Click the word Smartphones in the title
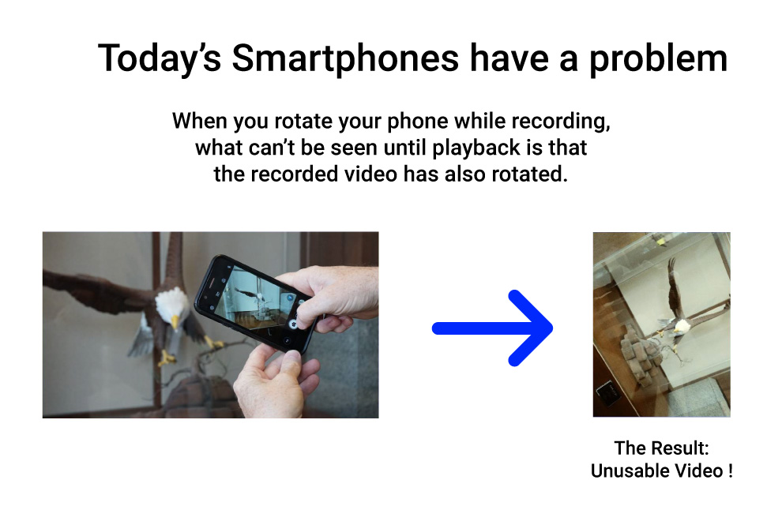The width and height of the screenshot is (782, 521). (345, 59)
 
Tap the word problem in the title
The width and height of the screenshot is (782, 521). (658, 59)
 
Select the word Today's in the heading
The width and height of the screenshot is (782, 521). (160, 59)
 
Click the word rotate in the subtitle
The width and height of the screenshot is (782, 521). (303, 121)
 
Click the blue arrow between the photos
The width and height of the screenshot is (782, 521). (493, 328)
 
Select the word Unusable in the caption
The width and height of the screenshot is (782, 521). (630, 470)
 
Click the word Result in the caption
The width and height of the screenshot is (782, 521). (677, 448)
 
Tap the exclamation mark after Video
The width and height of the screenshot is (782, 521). (730, 470)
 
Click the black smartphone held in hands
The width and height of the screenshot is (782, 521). (254, 302)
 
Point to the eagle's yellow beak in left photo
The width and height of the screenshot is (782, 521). (175, 321)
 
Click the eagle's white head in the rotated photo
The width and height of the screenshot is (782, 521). (682, 327)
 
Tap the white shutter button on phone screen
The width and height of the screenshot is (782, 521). (293, 324)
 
